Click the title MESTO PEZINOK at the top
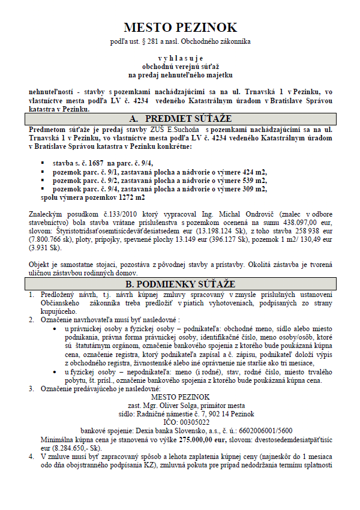pos(181,28)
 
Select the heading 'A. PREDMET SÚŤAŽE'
pos(181,119)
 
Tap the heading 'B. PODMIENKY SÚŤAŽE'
pos(181,283)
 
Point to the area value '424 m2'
pos(251,172)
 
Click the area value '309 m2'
pos(251,188)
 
